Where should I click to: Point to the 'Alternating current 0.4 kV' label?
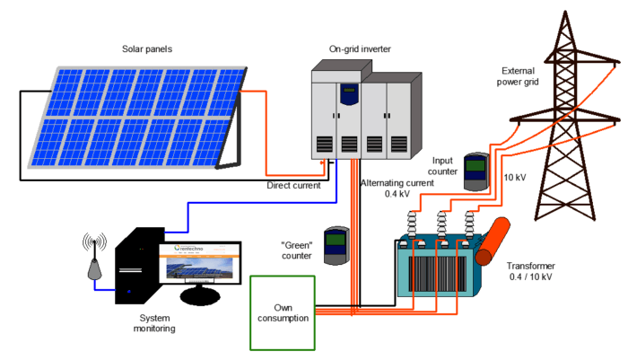(397, 189)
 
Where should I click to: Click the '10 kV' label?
(516, 176)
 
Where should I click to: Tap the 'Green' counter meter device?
(336, 244)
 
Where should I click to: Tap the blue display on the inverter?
(347, 93)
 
